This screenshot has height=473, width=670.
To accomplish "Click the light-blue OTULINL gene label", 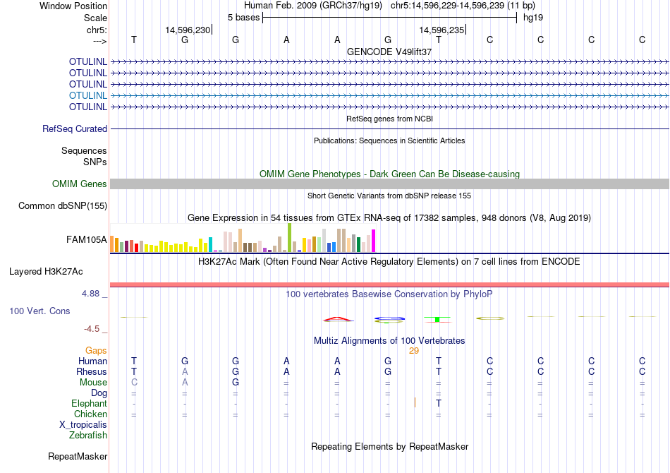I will tap(88, 95).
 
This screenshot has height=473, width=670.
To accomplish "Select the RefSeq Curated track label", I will tap(75, 129).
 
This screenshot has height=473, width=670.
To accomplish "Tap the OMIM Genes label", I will tap(80, 184).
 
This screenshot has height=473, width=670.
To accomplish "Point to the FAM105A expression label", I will tap(86, 240).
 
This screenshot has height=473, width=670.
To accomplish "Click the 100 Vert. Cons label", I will tap(39, 311).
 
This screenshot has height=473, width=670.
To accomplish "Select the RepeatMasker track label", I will tap(78, 457).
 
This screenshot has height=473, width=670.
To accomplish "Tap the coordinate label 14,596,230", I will tap(188, 30).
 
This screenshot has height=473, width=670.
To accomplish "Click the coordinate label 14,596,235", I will tap(441, 30).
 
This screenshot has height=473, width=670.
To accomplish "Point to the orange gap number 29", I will tap(414, 351).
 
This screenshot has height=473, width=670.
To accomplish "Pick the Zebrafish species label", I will tap(88, 436).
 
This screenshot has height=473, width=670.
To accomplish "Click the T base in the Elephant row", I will tap(439, 403).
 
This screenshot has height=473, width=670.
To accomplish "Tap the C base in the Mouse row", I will tap(134, 382).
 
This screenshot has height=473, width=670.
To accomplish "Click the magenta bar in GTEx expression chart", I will tap(373, 241).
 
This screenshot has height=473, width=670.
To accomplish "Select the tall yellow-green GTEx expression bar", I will tap(289, 237).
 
